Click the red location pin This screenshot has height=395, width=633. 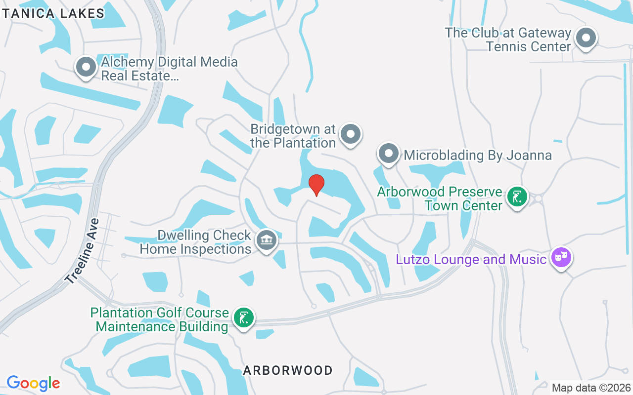[316, 185]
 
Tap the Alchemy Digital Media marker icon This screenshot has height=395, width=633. [86, 67]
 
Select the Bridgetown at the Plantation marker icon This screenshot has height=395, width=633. [351, 134]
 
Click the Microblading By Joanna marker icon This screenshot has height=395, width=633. [389, 154]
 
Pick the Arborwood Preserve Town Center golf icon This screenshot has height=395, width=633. [517, 197]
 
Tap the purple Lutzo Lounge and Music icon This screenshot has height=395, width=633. [561, 257]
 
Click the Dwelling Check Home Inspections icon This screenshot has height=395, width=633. [267, 240]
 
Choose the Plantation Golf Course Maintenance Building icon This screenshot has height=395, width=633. [243, 317]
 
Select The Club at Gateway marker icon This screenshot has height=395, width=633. [587, 38]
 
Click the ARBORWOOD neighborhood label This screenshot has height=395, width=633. [288, 370]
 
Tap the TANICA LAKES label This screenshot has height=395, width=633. [53, 13]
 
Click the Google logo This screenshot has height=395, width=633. [33, 383]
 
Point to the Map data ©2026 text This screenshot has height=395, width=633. [591, 388]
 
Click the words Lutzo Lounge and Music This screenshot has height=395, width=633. [470, 259]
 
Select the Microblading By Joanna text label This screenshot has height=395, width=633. [478, 155]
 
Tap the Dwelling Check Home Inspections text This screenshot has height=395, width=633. [196, 242]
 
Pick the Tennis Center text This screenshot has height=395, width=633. [529, 46]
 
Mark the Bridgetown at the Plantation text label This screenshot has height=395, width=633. [293, 136]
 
